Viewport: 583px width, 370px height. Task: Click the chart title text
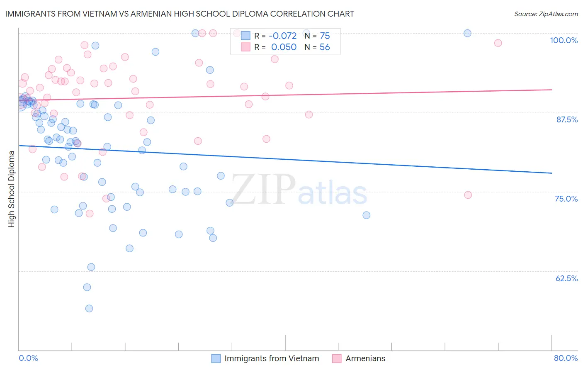tap(180, 14)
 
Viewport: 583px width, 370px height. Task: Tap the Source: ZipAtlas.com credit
tap(546, 14)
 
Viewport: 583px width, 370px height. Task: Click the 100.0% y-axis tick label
tap(564, 40)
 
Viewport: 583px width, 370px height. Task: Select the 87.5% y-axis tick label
tap(567, 119)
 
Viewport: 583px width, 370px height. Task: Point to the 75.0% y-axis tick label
tap(566, 199)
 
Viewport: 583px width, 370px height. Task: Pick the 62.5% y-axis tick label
tap(566, 278)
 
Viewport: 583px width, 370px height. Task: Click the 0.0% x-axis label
tap(28, 358)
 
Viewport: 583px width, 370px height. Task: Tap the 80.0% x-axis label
tap(566, 358)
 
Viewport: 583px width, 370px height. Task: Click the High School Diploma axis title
tap(12, 189)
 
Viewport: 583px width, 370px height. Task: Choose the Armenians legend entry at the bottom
tap(365, 358)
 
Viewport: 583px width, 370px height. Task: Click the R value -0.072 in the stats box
tap(283, 36)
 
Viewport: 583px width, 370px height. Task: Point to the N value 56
tap(325, 47)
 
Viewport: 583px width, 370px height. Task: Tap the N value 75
tap(325, 36)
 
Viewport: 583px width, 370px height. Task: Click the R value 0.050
tap(284, 47)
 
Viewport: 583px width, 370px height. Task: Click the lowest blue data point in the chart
tap(89, 308)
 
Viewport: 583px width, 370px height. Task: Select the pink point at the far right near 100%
tap(498, 43)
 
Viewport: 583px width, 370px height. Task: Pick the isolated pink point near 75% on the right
tap(468, 195)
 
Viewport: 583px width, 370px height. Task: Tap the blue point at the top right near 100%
tap(467, 33)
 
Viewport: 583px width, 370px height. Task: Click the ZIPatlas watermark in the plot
tap(299, 190)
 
